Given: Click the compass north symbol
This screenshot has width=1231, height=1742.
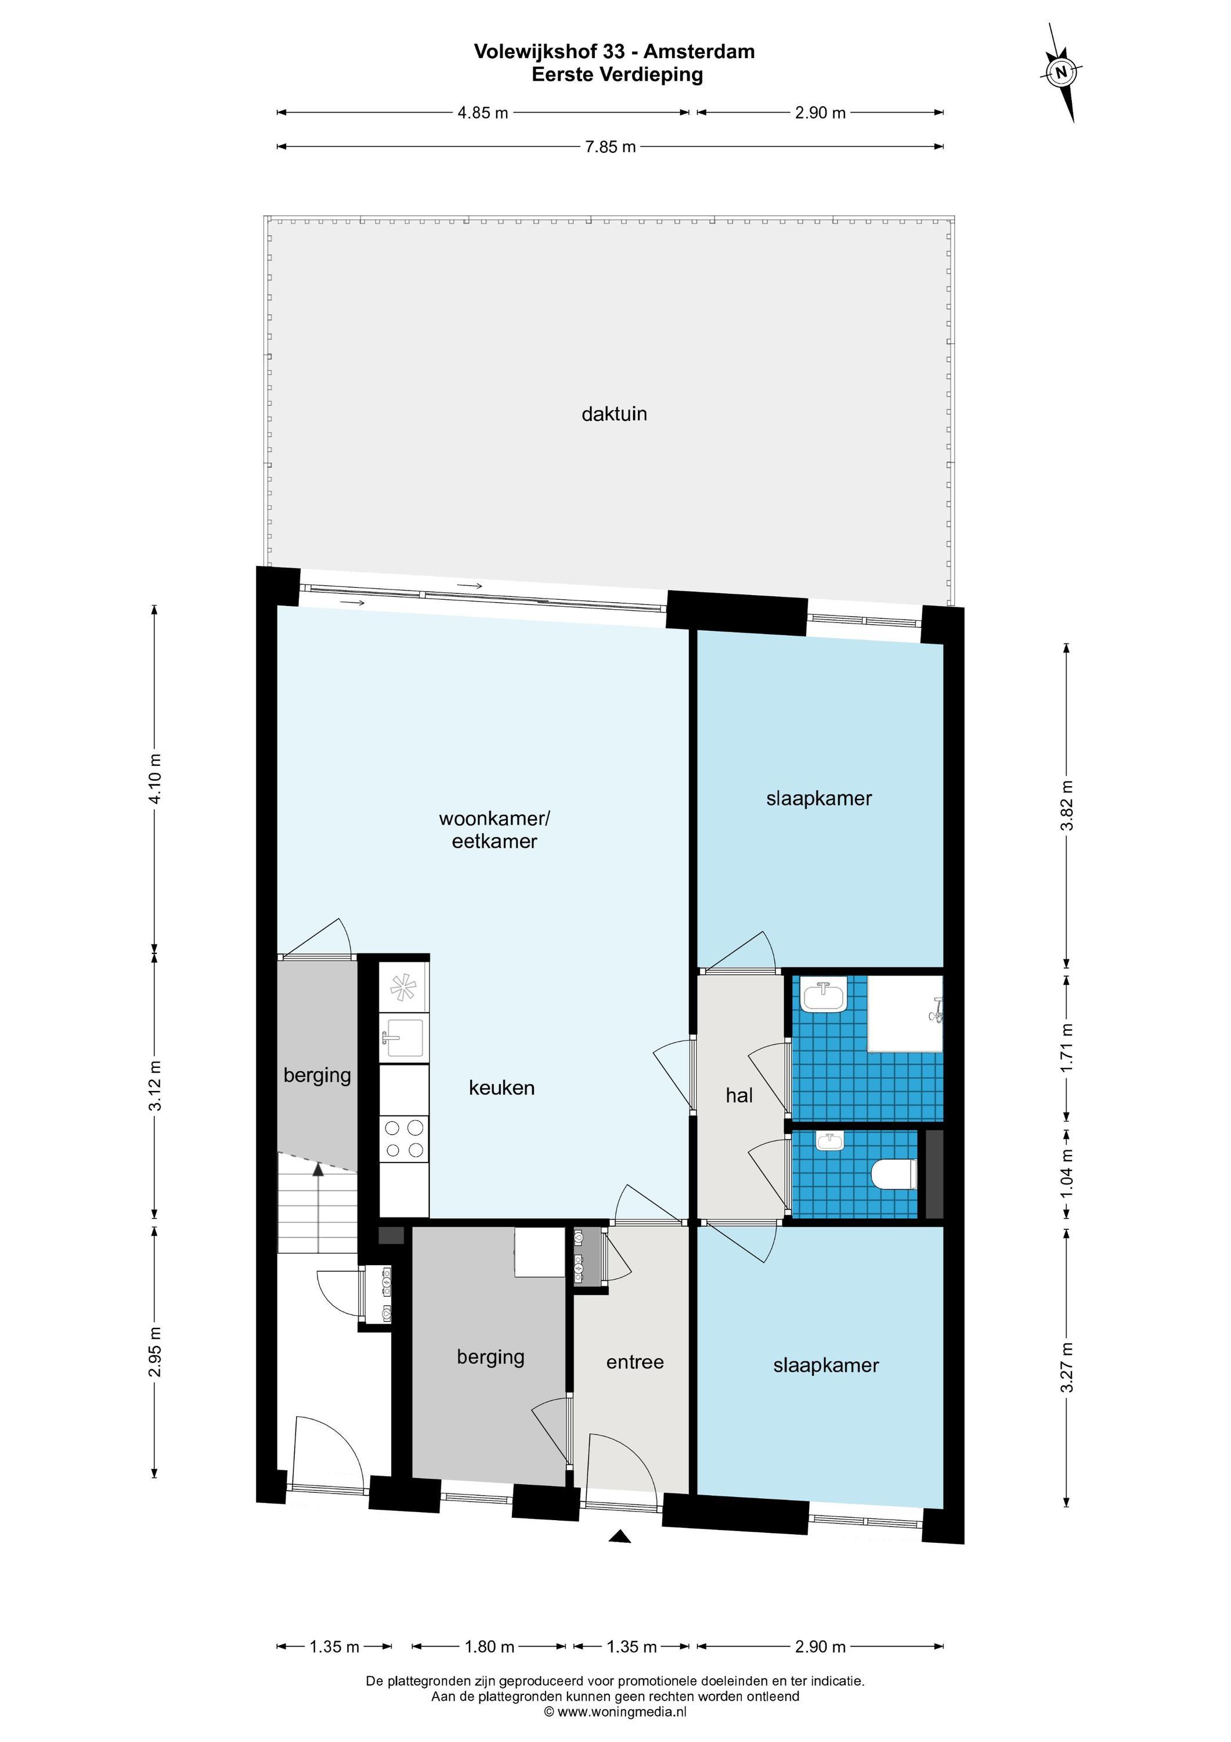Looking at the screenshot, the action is tap(1061, 73).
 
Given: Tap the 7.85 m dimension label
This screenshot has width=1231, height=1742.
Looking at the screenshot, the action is tap(610, 147).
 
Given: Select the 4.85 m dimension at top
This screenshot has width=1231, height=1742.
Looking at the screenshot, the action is tap(482, 113).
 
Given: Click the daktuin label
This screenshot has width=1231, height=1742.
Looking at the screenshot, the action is tap(615, 414).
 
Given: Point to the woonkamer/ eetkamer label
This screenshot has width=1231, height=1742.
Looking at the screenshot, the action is tap(494, 829).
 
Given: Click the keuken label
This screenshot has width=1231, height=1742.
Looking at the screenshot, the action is tap(501, 1087).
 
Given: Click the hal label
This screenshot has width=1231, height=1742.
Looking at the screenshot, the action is tap(739, 1096).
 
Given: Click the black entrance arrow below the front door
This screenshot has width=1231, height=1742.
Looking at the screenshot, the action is tap(620, 1537).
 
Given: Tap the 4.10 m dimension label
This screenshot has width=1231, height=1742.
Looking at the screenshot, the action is tap(155, 779).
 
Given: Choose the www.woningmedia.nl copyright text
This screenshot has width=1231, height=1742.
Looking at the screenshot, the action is tap(615, 1712).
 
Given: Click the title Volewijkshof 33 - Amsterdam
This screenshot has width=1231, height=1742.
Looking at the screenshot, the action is tap(615, 52).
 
